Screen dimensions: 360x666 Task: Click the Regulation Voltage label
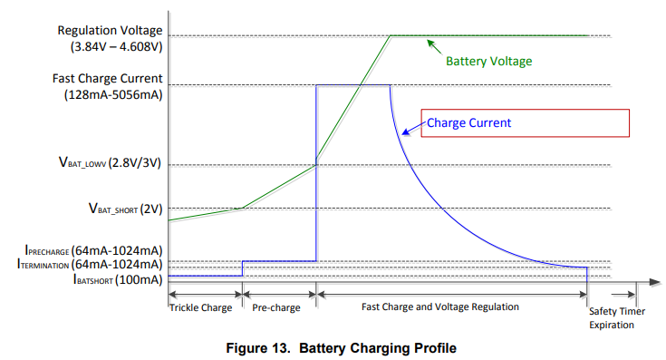(x=110, y=31)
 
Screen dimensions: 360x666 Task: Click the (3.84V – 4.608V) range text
(x=114, y=46)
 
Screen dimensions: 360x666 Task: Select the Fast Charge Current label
(x=108, y=79)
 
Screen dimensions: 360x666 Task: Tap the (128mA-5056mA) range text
(x=113, y=94)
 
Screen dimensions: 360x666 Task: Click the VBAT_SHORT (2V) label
(x=125, y=209)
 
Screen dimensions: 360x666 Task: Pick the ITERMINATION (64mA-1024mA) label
(x=90, y=264)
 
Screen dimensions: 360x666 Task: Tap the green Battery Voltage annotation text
(x=488, y=62)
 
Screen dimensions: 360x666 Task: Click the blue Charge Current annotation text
(x=468, y=122)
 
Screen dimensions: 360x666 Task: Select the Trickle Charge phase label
(x=200, y=307)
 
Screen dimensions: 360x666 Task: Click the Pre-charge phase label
(x=275, y=307)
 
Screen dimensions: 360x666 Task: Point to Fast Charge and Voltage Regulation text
(x=439, y=307)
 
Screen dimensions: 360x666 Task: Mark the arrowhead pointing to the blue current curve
(x=406, y=132)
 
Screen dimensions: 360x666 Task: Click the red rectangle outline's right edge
(x=629, y=123)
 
